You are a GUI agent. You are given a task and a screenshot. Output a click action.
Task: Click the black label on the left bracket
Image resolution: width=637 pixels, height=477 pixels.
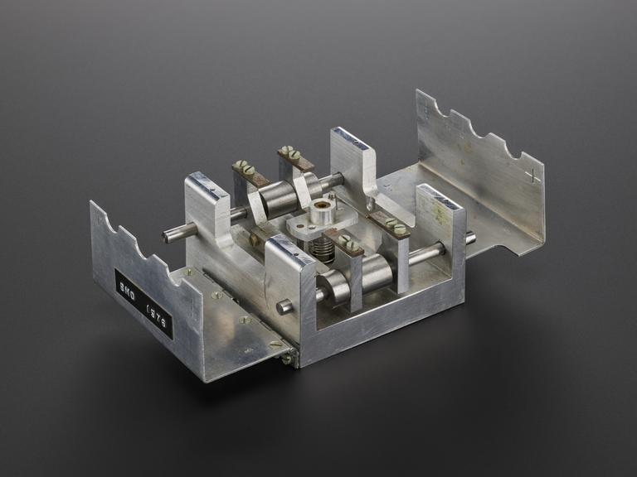pos(143,304)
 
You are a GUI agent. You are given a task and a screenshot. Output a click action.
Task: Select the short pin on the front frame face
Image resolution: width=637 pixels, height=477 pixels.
pos(284,306)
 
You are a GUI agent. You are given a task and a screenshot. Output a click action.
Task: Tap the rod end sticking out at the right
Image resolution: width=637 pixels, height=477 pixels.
pos(470,238)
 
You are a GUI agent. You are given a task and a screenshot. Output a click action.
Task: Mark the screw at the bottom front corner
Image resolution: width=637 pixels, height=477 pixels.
pos(288,358)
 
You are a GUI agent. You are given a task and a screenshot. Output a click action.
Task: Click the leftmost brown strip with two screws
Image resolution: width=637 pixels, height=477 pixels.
pos(250,172)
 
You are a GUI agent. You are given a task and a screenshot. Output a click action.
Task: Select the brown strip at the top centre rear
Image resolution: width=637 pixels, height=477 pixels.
pos(295,157)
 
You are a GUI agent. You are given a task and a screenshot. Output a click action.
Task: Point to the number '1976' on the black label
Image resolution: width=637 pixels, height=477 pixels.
pos(158,317)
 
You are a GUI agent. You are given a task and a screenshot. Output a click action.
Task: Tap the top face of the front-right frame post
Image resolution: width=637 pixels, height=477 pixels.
pos(439,197)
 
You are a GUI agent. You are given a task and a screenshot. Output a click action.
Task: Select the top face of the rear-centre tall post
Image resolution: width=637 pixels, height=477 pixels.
pos(352,139)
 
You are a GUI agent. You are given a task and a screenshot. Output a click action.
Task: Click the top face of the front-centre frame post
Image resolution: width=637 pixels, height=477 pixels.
pos(289,249)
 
